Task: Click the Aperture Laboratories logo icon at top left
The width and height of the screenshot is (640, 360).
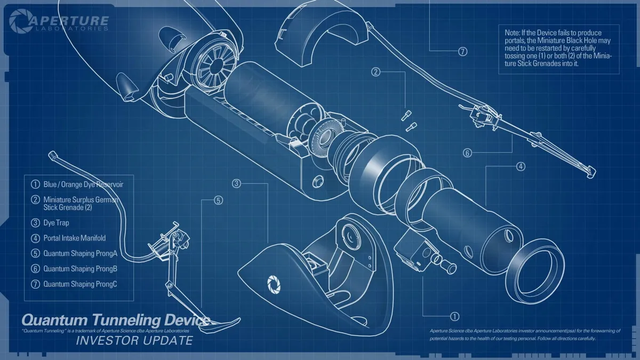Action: click(x=21, y=21)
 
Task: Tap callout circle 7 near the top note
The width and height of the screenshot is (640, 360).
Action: click(x=463, y=51)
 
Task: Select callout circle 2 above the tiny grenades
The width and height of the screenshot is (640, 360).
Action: click(x=375, y=71)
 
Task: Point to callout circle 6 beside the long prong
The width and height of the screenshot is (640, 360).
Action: click(x=467, y=153)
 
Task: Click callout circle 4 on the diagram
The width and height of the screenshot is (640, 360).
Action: click(x=521, y=166)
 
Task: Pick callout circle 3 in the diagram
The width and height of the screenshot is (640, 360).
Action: click(x=236, y=183)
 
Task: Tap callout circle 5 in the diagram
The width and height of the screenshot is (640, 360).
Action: click(x=218, y=201)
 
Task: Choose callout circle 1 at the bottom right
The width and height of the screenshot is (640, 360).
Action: click(x=454, y=316)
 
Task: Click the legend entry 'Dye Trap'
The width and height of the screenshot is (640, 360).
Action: click(x=57, y=222)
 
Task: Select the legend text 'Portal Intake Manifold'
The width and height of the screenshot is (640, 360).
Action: click(x=75, y=238)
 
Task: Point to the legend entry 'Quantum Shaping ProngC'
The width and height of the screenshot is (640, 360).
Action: click(x=81, y=284)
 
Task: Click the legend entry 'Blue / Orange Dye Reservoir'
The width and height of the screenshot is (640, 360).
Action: click(x=83, y=185)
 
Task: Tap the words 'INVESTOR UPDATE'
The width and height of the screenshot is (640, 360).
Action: click(x=134, y=340)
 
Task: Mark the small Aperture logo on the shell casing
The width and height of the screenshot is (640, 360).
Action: click(x=274, y=285)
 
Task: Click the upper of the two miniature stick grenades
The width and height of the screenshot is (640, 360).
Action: click(x=406, y=115)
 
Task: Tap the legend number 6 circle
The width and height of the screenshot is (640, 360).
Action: click(x=35, y=269)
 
